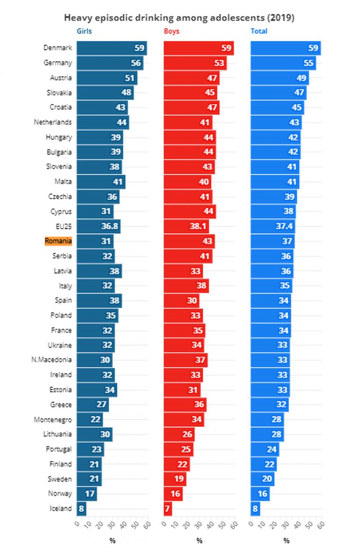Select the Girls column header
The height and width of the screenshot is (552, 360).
point(84,31)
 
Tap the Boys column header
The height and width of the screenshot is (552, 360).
point(171,31)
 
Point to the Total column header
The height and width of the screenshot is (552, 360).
point(259,31)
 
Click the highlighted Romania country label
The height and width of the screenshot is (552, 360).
point(58,241)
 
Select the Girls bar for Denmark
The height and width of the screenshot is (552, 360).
point(112,48)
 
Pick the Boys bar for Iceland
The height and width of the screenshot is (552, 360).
point(168,509)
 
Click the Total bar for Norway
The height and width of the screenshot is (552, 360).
point(260,494)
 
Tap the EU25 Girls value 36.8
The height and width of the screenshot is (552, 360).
point(109,226)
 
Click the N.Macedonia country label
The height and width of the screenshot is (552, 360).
point(51,360)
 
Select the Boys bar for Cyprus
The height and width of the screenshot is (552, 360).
point(190,211)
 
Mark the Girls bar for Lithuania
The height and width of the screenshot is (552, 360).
point(94,434)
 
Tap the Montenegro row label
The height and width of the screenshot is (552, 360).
point(53,419)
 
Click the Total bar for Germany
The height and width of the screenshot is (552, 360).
point(283,63)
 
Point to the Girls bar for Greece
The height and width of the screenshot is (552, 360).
point(93,405)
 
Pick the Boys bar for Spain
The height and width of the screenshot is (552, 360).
point(181,301)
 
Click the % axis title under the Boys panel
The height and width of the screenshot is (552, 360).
point(199,541)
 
